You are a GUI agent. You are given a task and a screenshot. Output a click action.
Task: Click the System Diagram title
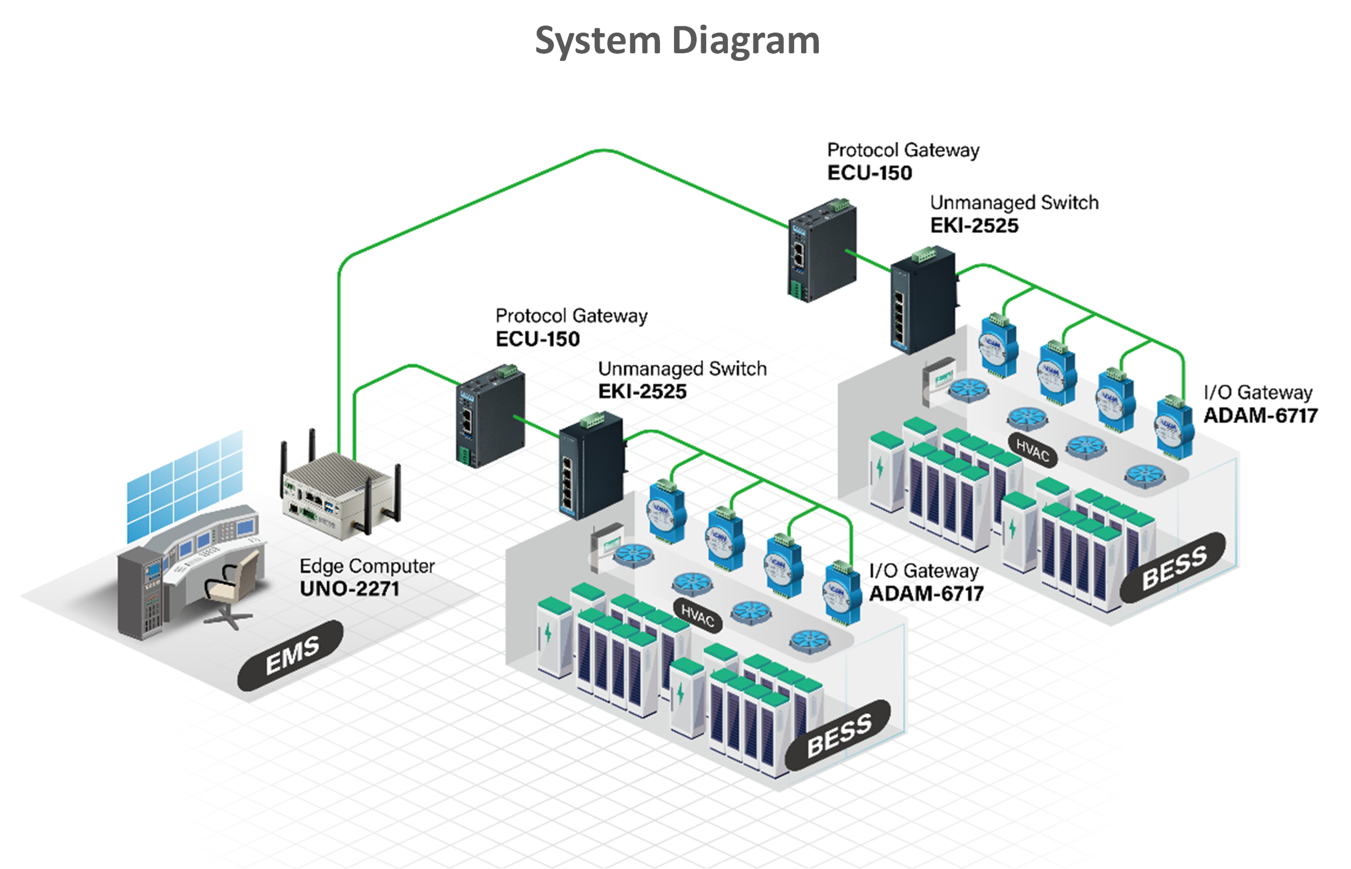677,41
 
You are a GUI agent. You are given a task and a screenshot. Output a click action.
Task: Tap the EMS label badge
291,656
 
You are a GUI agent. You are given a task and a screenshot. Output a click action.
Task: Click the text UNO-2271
349,589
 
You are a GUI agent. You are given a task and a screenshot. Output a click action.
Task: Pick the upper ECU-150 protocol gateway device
822,249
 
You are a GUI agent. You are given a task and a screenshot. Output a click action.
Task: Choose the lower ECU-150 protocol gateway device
491,415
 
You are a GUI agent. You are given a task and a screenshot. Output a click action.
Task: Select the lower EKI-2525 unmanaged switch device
592,465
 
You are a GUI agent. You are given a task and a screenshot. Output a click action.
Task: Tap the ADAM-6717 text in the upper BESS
1260,416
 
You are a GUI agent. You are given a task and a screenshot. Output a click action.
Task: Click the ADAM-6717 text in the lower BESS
926,593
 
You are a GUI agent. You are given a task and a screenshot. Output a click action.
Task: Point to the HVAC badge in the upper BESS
1032,451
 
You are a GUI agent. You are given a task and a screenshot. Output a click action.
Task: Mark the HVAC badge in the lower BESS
698,616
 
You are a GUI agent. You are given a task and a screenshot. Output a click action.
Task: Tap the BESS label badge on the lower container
838,735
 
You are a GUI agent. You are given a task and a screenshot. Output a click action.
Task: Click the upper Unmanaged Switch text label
1014,203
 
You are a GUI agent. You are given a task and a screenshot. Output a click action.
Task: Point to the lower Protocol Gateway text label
571,316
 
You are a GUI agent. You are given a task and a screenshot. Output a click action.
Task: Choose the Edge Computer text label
367,566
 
